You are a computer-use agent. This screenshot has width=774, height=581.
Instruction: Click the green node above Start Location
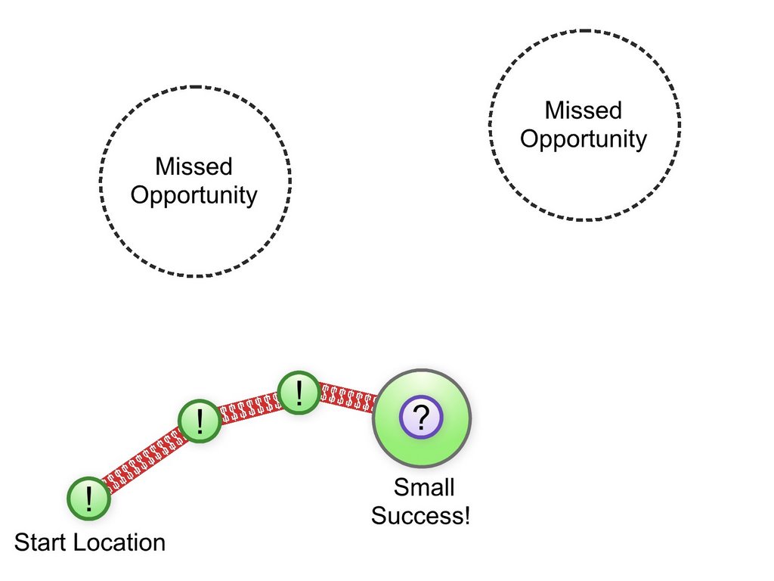tap(89, 499)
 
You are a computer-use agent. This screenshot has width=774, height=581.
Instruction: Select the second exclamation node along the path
tap(200, 421)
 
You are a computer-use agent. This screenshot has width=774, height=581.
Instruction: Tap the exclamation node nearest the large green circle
tap(299, 393)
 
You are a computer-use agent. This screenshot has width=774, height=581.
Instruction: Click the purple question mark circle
tap(421, 418)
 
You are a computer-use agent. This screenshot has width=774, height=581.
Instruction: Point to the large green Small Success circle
tap(422, 418)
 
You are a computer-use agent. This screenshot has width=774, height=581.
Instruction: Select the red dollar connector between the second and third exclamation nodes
tap(249, 406)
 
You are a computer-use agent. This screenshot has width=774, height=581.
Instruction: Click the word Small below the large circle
tap(424, 488)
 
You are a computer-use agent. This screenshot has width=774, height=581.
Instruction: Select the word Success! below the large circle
tap(420, 516)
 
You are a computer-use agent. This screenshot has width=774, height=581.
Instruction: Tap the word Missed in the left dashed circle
tap(193, 166)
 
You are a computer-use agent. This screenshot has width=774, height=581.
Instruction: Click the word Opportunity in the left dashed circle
tap(194, 196)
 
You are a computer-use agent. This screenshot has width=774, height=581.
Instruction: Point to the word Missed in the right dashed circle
tap(584, 110)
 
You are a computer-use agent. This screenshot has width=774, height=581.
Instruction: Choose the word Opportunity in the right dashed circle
tap(584, 139)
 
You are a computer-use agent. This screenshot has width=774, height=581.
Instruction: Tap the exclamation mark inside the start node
tap(89, 499)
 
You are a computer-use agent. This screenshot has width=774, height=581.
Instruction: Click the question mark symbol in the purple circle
tap(421, 418)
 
